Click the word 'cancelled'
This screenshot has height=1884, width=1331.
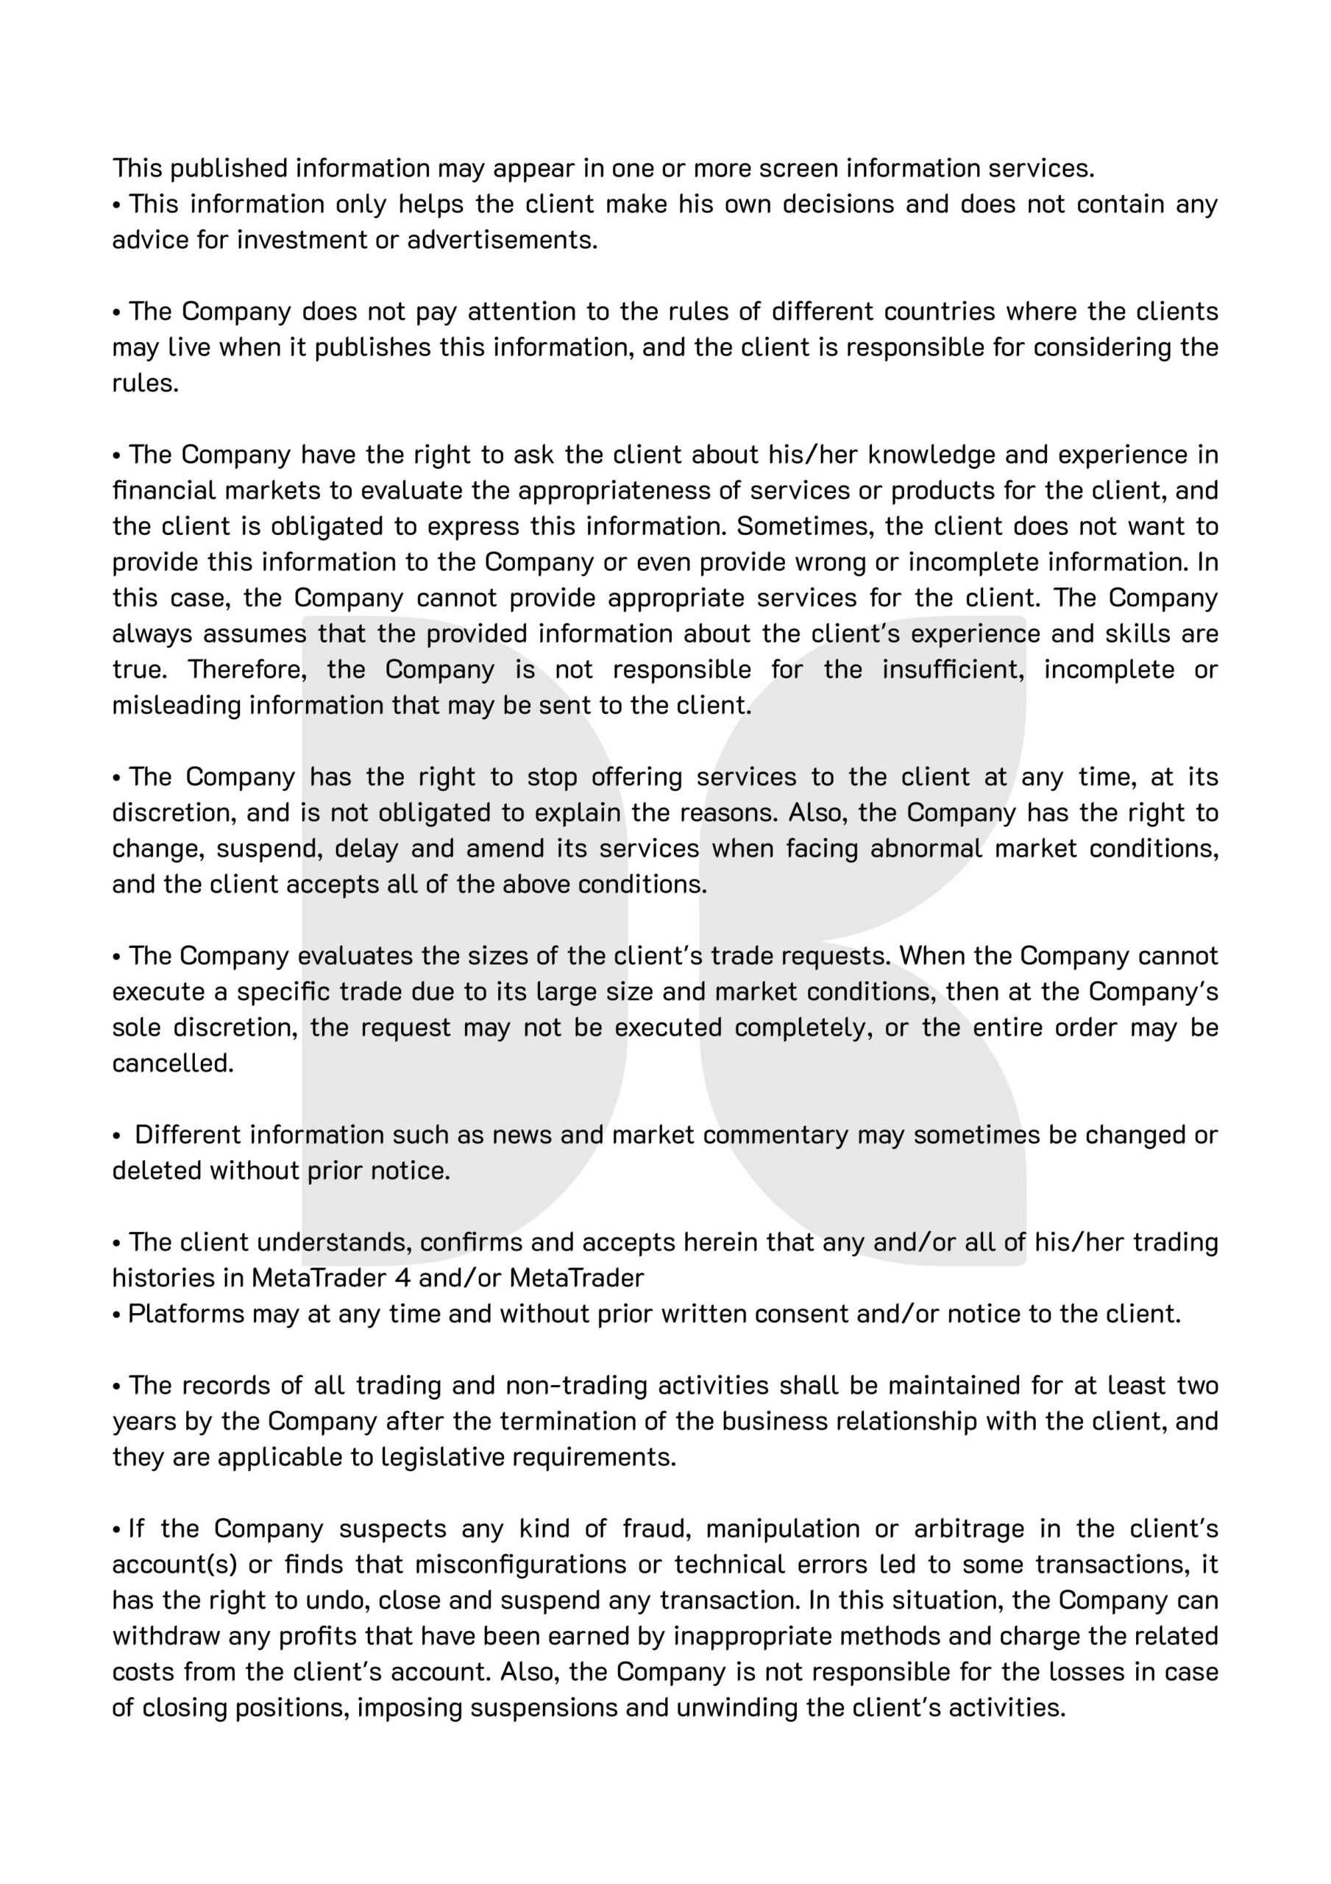(x=172, y=1063)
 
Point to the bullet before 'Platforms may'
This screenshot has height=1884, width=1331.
(x=116, y=1314)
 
